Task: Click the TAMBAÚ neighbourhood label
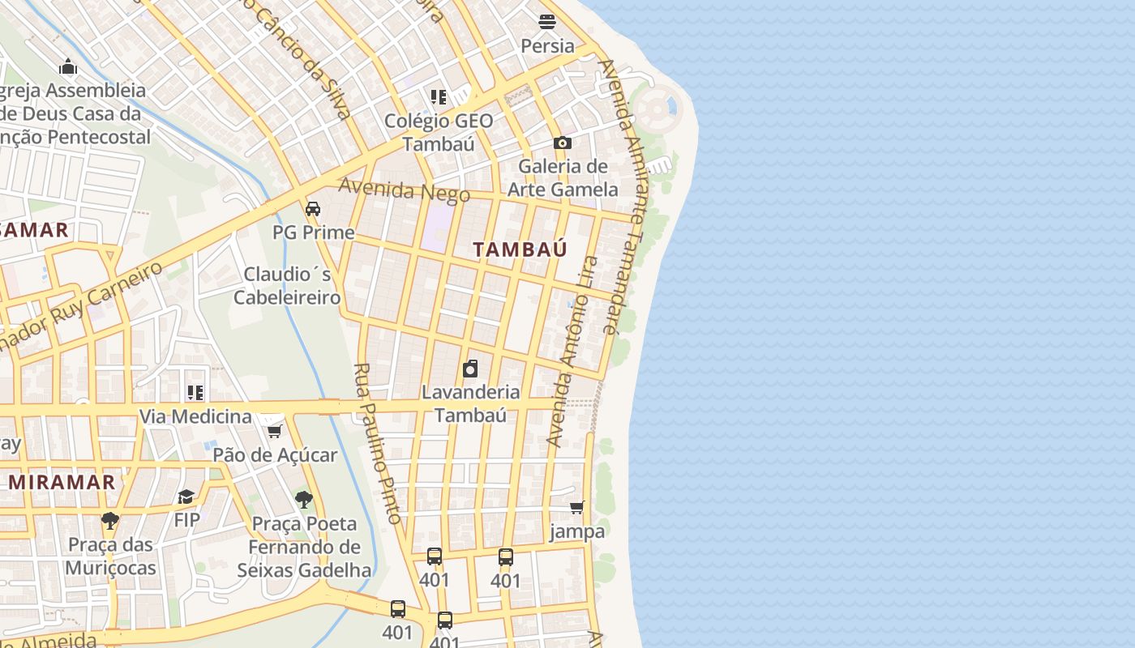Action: tap(520, 249)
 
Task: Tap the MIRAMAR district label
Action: tap(62, 482)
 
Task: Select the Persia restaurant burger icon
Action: tap(547, 22)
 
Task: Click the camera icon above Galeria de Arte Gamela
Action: tap(562, 143)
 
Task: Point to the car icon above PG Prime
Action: tap(313, 209)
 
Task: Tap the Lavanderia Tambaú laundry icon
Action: tap(470, 369)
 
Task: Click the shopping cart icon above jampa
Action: tap(576, 508)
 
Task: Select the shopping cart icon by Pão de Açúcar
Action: tap(274, 431)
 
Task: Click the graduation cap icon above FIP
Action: tap(186, 497)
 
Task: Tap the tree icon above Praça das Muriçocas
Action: tap(110, 520)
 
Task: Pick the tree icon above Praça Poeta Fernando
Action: tap(304, 500)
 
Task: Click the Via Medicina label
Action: tap(195, 416)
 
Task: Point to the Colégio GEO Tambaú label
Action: tap(439, 132)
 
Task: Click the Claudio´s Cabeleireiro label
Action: tap(287, 285)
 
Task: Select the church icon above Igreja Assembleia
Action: tap(68, 66)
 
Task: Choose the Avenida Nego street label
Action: tap(404, 190)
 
